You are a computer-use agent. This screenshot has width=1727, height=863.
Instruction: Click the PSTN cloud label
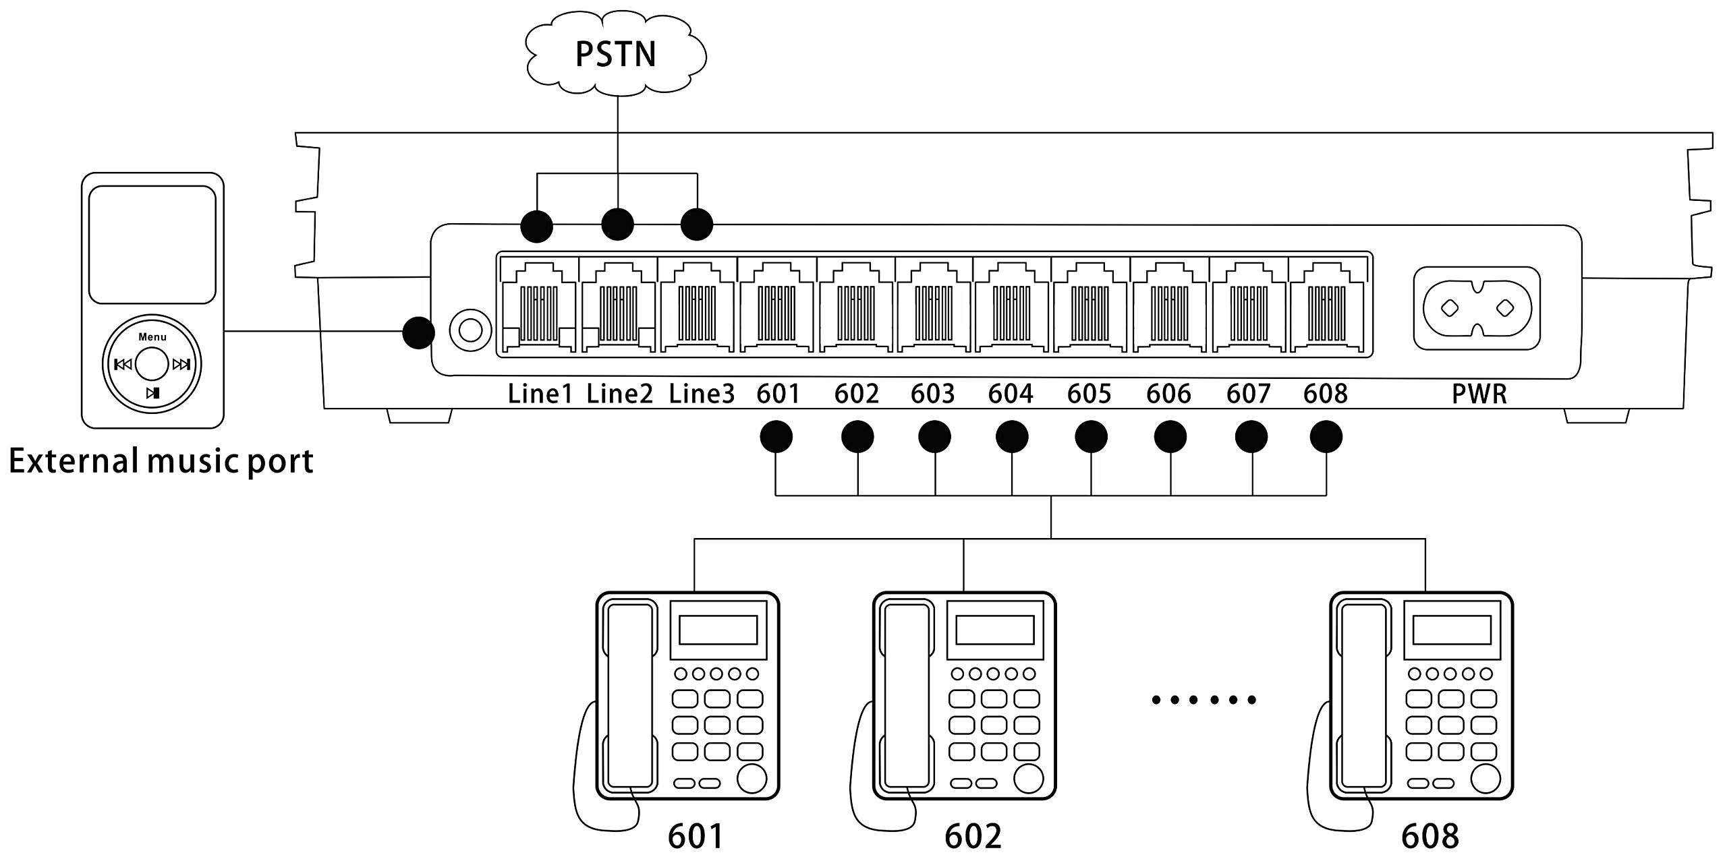615,55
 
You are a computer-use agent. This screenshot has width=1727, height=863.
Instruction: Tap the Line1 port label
540,394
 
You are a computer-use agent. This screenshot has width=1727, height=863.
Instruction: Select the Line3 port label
702,394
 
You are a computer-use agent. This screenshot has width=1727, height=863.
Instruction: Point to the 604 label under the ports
1011,394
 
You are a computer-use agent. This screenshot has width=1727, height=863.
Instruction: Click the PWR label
1479,394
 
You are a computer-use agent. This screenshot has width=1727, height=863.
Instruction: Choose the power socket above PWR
1477,309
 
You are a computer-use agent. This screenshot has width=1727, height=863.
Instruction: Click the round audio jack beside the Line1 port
470,330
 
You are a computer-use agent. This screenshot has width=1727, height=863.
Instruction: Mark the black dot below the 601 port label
776,438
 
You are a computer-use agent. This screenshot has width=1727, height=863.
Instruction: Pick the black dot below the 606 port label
1170,438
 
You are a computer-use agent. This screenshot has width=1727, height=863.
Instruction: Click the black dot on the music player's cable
418,332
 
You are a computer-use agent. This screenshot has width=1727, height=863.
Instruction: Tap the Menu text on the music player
152,337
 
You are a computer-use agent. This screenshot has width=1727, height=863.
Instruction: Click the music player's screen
152,245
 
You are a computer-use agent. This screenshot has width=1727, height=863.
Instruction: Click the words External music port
161,462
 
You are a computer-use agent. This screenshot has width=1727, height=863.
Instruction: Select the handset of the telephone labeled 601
630,694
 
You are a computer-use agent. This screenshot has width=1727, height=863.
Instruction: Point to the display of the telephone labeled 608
1452,630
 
